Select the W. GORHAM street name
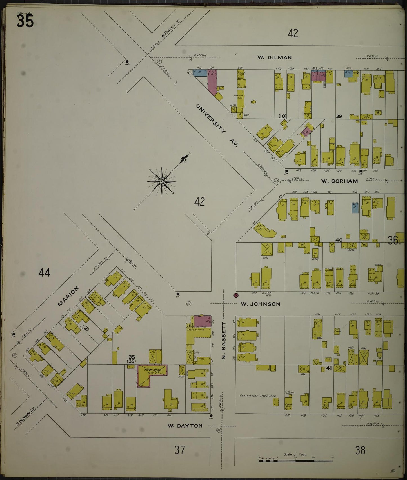point(339,181)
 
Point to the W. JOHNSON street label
point(260,304)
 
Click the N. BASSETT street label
point(224,341)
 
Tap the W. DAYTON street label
point(185,426)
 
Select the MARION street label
point(68,296)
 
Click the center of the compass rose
point(162,182)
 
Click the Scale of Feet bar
point(295,461)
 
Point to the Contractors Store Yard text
point(258,395)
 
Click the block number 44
point(45,273)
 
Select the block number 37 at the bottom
point(179,450)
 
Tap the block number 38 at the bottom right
point(360,450)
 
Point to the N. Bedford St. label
point(25,415)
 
